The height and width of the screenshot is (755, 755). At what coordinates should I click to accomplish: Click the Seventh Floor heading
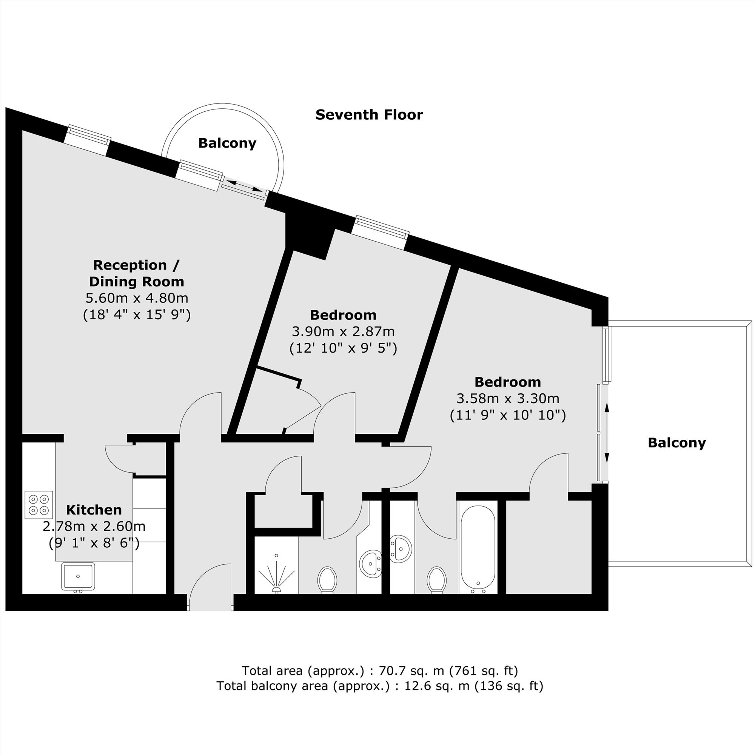click(369, 114)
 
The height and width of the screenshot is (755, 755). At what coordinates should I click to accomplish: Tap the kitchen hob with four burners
click(39, 504)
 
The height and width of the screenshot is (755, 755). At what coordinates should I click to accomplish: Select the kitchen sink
click(78, 576)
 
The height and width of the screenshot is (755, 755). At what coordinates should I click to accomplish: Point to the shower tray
click(276, 565)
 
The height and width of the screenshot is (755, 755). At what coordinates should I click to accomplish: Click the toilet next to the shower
click(327, 580)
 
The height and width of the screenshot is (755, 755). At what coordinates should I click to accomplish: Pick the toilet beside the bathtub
click(436, 580)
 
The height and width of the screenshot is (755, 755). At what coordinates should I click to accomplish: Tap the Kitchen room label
click(94, 510)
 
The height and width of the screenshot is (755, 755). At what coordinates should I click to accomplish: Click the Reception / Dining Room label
click(136, 273)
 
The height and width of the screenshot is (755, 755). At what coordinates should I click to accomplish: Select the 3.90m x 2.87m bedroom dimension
click(343, 331)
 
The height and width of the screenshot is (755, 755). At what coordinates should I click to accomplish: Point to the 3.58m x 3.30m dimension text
click(508, 398)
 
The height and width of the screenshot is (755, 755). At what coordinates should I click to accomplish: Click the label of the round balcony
click(227, 143)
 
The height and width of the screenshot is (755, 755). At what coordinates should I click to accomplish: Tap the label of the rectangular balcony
click(677, 442)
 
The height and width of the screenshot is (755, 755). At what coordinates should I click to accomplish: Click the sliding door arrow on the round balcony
click(245, 185)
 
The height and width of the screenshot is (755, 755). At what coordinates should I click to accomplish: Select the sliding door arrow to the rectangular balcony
click(607, 433)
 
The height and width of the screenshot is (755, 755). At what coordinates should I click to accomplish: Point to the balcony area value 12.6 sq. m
click(436, 686)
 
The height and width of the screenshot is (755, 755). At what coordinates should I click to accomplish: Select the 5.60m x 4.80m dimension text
click(137, 298)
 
